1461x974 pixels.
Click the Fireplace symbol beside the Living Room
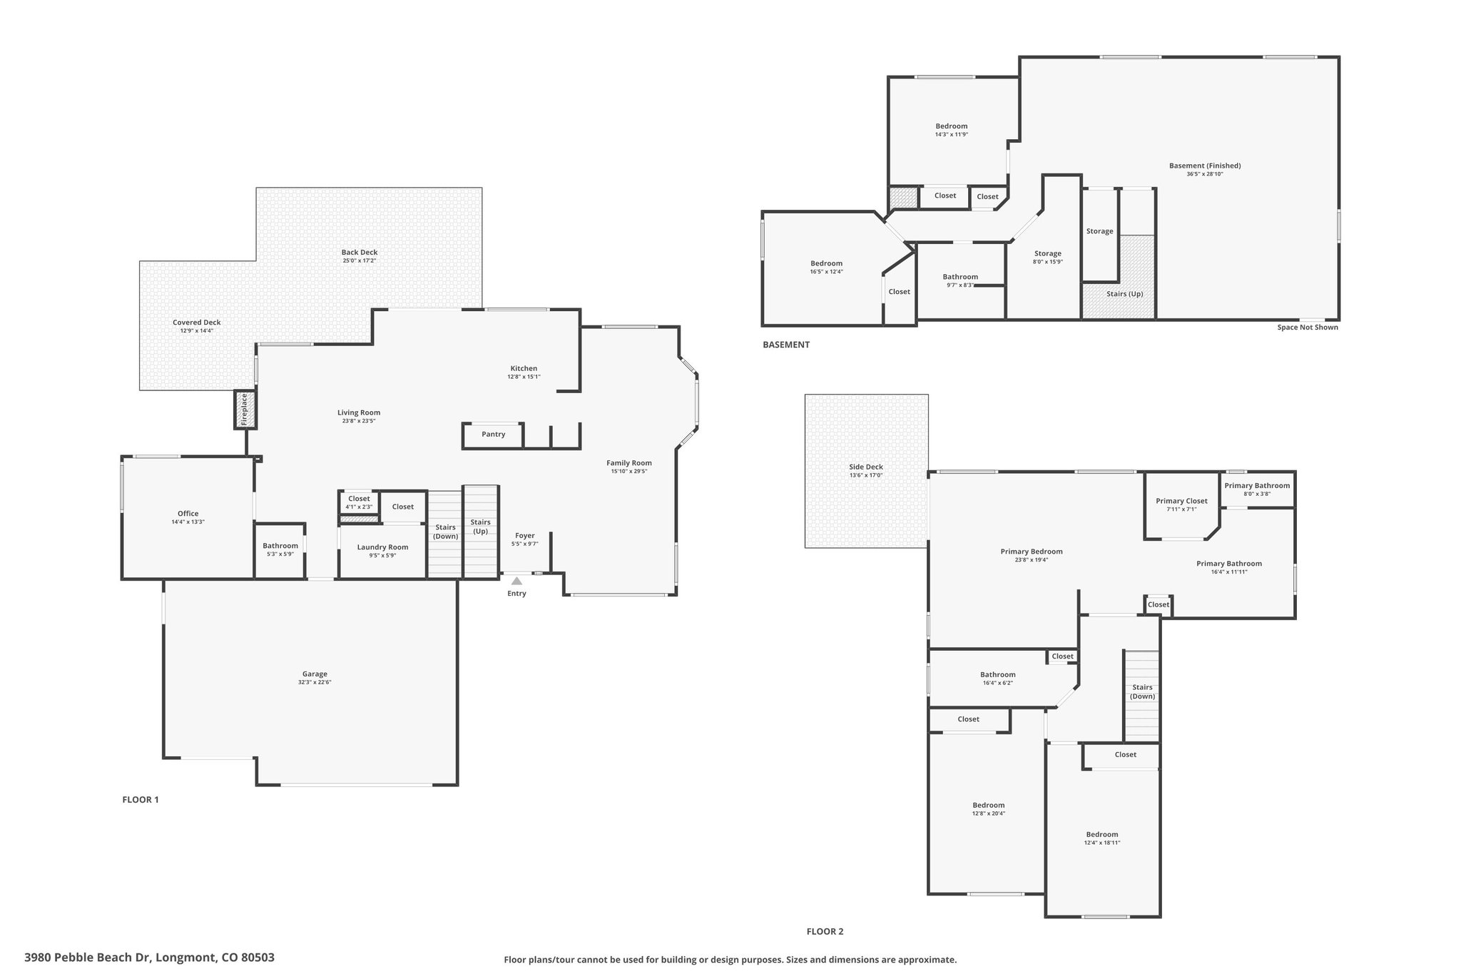245,410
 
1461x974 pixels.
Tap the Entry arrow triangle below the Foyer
516,581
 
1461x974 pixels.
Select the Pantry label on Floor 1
494,434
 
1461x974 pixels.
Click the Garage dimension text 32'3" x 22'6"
315,682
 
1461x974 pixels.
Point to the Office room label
188,514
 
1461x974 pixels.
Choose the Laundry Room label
383,547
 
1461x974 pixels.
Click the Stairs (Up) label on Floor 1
481,527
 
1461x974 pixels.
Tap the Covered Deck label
197,323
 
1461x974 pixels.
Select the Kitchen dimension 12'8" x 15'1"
524,377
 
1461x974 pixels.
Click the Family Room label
629,463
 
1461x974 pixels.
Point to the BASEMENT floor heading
786,345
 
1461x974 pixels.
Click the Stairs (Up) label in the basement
1125,293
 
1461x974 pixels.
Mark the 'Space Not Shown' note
1308,328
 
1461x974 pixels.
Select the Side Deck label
866,467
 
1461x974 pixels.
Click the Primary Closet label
1182,501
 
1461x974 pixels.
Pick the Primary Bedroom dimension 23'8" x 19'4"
1032,560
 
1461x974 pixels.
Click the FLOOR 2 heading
825,931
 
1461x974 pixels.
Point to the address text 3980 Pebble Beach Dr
88,958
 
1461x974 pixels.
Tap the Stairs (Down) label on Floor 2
1143,692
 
